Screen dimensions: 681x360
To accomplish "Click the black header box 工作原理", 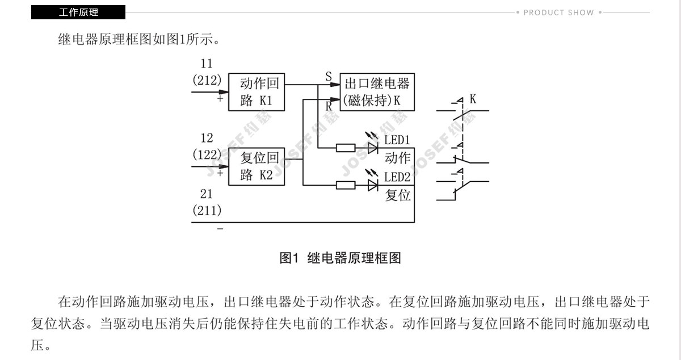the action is point(78,12).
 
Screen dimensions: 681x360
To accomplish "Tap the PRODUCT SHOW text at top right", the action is point(559,12).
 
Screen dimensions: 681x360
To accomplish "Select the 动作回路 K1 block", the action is point(257,92).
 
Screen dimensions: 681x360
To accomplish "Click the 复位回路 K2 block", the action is point(257,166).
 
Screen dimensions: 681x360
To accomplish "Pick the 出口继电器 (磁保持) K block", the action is point(377,92).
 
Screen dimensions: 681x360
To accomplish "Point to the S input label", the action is point(329,76).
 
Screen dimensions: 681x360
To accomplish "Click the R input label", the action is point(329,106).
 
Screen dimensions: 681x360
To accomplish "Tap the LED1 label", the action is point(397,140).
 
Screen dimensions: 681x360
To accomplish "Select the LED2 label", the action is point(397,177).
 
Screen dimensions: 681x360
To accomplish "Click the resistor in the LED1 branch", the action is point(346,148).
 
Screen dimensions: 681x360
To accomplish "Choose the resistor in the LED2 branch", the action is point(346,185).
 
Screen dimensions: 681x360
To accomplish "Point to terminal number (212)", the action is point(207,80).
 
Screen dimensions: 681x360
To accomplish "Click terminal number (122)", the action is point(207,154).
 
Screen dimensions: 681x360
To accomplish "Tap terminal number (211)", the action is point(207,211).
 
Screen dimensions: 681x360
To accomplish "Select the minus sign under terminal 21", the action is point(220,228).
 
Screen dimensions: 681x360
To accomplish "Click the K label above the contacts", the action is point(473,99).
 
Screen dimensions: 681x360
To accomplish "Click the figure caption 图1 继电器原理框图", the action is point(340,258).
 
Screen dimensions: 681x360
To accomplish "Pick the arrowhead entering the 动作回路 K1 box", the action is point(224,92).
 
